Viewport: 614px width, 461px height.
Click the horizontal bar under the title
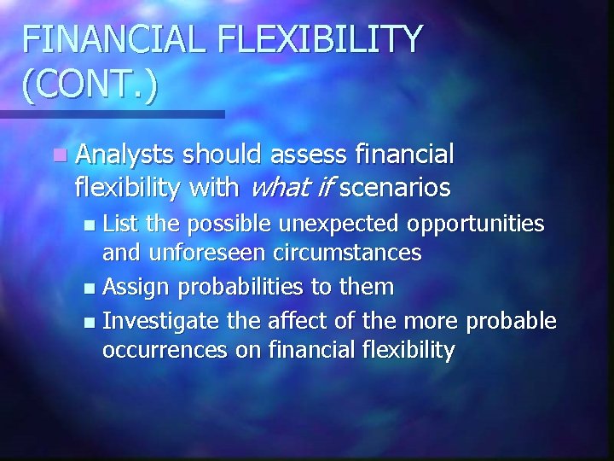tap(112, 114)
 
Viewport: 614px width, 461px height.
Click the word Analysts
tap(125, 155)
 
